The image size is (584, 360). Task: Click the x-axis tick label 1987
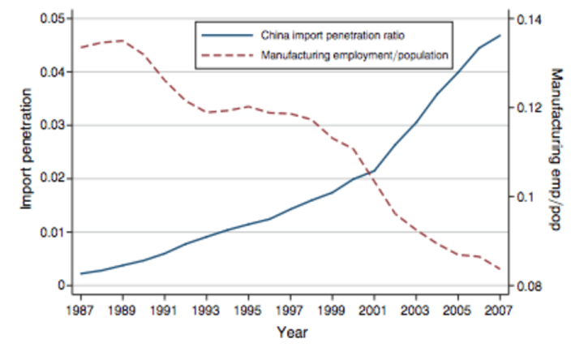click(81, 309)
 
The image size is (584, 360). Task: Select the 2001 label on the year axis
click(374, 309)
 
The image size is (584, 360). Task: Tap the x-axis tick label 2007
click(500, 309)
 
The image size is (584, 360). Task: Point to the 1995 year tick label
click(248, 309)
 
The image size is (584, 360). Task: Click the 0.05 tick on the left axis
click(54, 19)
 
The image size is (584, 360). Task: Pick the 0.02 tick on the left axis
click(54, 178)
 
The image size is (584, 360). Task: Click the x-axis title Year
click(290, 332)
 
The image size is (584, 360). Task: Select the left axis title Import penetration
click(25, 152)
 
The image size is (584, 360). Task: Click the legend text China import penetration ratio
click(332, 36)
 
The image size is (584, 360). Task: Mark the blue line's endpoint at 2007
click(500, 36)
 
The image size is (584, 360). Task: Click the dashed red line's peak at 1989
click(123, 41)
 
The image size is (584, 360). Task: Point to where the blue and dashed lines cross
click(371, 172)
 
